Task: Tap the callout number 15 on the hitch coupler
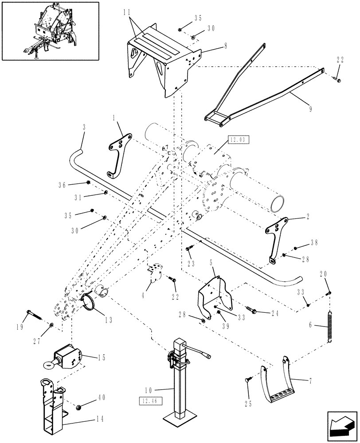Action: coord(102,358)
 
